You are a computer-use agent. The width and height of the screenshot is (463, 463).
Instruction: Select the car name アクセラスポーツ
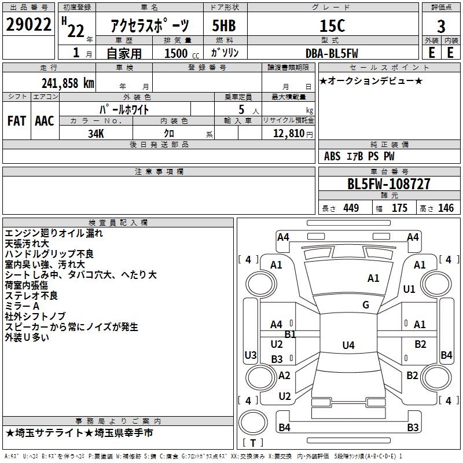point(150,26)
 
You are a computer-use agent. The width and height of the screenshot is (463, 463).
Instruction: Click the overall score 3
point(441,26)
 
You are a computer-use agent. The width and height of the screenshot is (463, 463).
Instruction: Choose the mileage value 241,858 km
point(68,83)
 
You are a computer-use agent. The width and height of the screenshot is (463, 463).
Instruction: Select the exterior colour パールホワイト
point(124,109)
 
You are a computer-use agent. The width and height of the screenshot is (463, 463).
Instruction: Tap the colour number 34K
point(96,133)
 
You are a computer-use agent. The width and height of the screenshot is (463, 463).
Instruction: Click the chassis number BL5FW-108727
point(389,184)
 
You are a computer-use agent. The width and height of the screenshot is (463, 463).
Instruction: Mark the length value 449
point(351,208)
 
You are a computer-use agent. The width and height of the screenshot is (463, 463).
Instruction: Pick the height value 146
point(446,208)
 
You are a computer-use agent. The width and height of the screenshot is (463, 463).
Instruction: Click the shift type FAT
point(16,120)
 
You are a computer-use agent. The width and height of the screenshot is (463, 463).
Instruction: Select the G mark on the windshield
point(366,305)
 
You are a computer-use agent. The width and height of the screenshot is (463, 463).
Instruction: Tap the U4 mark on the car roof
point(348,346)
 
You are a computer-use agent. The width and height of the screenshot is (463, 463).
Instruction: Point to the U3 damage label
point(251,355)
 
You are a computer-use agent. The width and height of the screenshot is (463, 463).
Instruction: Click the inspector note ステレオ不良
point(31,296)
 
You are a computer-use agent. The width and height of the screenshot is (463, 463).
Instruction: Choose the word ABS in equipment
point(332,156)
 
